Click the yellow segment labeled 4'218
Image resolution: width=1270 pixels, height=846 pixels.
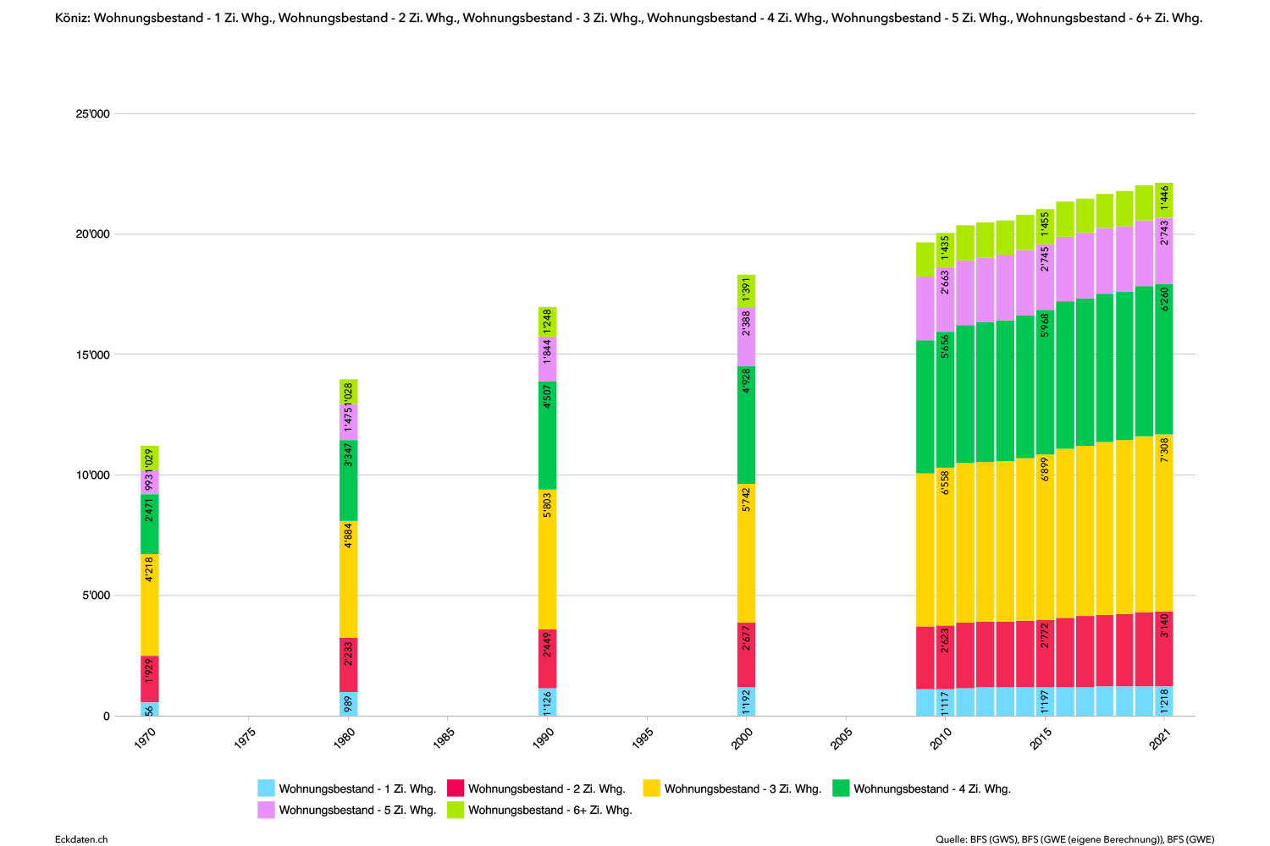pos(150,605)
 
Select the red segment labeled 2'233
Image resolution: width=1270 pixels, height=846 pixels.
pos(349,665)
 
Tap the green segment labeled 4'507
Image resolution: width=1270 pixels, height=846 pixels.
pos(547,436)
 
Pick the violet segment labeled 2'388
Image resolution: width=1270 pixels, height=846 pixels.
pos(746,337)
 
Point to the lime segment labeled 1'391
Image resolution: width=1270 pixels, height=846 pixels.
pos(746,290)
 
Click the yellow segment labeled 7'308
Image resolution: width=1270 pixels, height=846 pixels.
pos(1164,523)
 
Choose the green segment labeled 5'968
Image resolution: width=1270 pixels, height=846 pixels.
pos(1045,382)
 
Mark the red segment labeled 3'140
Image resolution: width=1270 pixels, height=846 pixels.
pos(1164,649)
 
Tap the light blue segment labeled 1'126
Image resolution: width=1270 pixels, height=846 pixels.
pos(547,702)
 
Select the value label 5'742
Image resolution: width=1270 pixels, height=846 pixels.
pos(746,500)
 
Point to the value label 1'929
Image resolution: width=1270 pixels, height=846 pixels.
pos(150,670)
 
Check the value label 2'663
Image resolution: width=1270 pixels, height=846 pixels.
pos(945,282)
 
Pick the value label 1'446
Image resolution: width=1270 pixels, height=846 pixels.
pos(1164,197)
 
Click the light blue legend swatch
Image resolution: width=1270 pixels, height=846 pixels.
pos(266,788)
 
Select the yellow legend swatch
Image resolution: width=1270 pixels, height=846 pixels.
pos(651,788)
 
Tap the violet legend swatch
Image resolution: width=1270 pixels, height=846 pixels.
pos(266,810)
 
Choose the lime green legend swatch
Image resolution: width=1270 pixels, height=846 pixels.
pos(456,810)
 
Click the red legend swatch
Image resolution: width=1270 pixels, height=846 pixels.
pos(456,788)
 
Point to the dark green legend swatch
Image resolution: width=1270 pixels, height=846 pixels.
pos(841,788)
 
